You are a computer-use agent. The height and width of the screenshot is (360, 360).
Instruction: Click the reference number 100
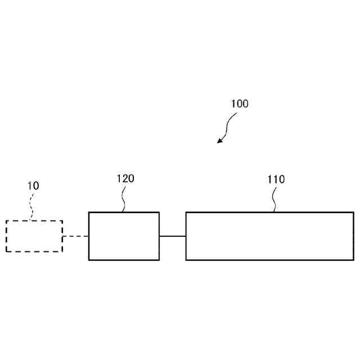pos(239,104)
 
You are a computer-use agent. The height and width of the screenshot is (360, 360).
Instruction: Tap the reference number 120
pos(125,179)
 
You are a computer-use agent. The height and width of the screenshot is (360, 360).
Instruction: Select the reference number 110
pos(276,180)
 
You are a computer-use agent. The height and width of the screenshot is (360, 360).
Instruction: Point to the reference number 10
pos(33,186)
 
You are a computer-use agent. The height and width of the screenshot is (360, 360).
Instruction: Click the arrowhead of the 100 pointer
pos(220,141)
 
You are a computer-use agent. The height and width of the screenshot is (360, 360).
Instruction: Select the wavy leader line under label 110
pos(274,200)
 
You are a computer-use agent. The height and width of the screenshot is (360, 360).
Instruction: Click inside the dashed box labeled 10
pos(34,236)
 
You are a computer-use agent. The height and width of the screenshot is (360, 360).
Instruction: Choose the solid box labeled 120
pos(124,236)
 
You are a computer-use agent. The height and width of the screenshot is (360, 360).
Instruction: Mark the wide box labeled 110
pos(269,236)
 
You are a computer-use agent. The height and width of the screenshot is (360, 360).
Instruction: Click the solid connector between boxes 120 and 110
pos(172,236)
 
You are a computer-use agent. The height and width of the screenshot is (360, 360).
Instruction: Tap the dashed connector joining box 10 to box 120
pos(75,236)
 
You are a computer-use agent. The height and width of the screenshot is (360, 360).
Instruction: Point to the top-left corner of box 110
pos(186,213)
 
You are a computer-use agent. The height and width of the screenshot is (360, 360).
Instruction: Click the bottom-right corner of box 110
pos(353,259)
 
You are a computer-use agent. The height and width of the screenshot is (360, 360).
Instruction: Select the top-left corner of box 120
pos(89,213)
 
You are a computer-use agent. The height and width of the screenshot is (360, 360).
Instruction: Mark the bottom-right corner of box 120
pos(159,259)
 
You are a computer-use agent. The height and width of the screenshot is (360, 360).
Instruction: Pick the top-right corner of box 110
pos(353,213)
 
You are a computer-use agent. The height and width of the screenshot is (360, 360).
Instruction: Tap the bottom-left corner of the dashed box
pos(6,251)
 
